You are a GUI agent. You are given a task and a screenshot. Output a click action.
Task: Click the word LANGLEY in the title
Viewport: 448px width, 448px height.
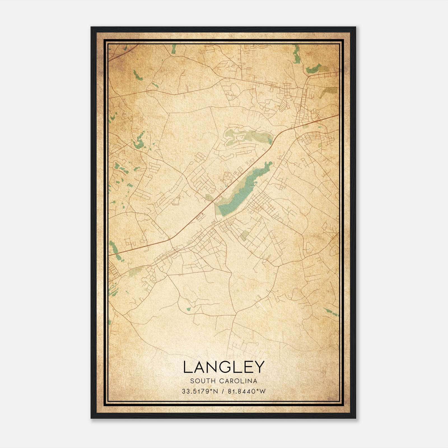(224, 367)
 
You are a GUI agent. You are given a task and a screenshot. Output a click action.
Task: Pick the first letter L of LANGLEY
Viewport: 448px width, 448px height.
(187, 367)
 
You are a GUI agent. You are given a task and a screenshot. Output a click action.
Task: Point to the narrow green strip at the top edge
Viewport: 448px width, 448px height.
(174, 49)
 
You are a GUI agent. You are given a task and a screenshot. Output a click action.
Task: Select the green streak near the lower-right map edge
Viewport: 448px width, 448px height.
(330, 312)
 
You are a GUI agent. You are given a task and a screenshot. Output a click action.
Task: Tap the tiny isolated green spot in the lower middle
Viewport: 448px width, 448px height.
(188, 309)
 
